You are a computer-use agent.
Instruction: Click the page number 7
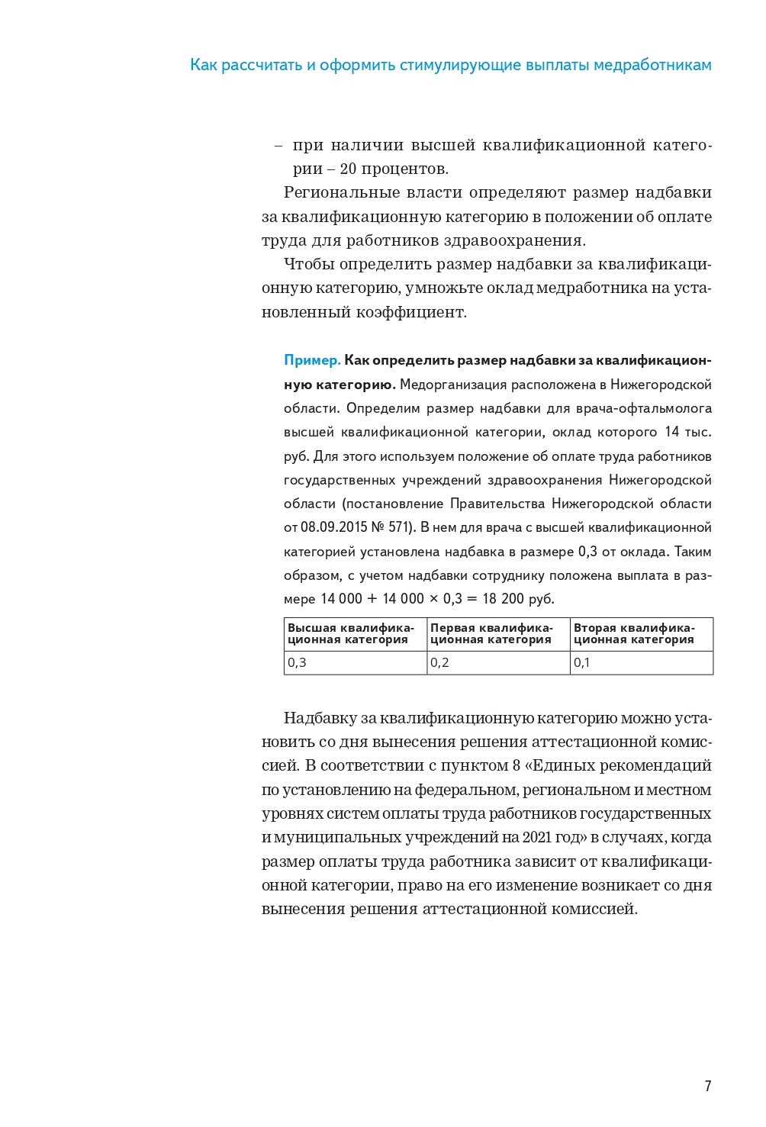708,1086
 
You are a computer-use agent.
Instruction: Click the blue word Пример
312,360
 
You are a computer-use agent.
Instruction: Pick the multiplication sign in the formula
434,599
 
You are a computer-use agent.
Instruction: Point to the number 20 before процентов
348,169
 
